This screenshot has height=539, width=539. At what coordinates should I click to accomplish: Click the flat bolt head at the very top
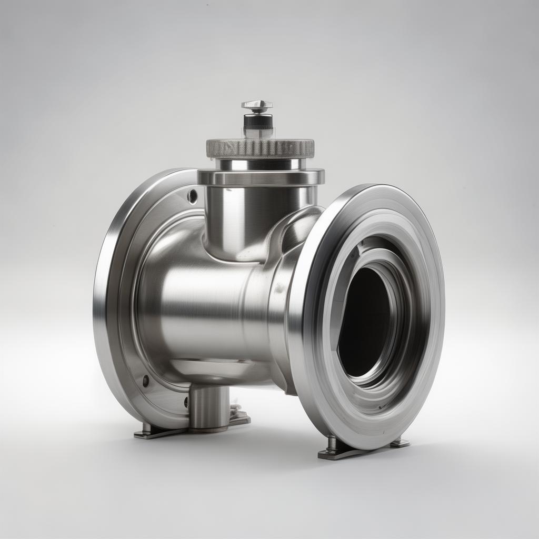(x=257, y=105)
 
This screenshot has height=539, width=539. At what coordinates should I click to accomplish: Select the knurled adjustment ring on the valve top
(x=260, y=148)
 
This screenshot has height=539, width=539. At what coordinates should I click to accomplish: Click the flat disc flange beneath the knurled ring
(x=261, y=177)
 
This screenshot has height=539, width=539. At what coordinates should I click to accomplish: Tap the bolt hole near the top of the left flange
(x=193, y=196)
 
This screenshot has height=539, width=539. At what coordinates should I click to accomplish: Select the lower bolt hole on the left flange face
(x=145, y=381)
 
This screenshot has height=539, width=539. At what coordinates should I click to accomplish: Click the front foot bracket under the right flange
(x=337, y=450)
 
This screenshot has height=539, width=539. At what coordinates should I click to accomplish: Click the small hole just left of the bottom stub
(x=186, y=403)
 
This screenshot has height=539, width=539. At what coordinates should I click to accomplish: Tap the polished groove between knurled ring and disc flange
(x=261, y=164)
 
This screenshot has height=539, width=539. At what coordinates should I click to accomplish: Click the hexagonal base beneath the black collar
(x=258, y=133)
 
